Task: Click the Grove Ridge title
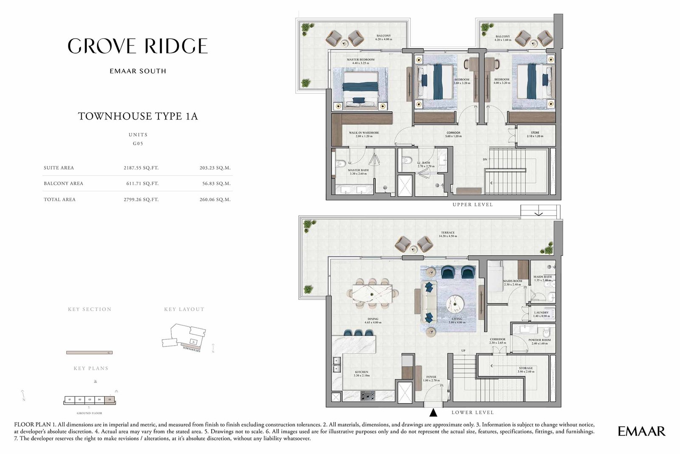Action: click(x=138, y=46)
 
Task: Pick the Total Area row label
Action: click(x=59, y=199)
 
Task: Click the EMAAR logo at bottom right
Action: click(x=641, y=431)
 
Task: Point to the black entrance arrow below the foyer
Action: click(x=433, y=412)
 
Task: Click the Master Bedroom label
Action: click(x=360, y=61)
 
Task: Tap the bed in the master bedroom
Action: click(x=361, y=89)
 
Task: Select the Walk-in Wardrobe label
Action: click(x=364, y=134)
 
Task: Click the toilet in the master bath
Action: click(x=341, y=163)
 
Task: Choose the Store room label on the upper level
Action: click(x=535, y=134)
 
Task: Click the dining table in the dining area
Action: click(x=372, y=293)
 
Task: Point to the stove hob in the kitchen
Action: click(x=367, y=396)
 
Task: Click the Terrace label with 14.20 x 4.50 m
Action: click(x=448, y=234)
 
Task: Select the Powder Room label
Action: click(x=539, y=341)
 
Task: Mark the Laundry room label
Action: click(x=541, y=314)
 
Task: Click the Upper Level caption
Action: click(x=472, y=205)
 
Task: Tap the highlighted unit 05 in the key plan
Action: click(x=110, y=400)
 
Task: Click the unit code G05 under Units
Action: click(x=138, y=144)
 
